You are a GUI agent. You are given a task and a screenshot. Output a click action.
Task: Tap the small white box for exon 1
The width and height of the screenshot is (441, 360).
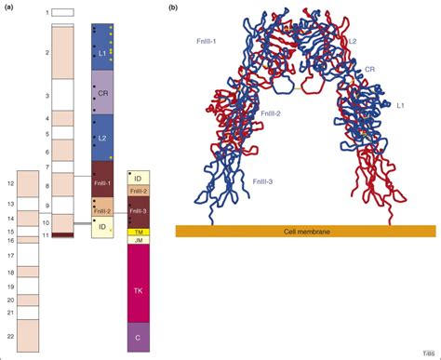[63, 12]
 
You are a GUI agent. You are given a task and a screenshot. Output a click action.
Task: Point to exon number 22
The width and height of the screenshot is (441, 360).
[10, 333]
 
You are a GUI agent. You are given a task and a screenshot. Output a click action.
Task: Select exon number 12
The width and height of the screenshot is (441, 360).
[10, 184]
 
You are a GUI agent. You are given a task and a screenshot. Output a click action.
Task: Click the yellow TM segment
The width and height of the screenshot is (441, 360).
[138, 232]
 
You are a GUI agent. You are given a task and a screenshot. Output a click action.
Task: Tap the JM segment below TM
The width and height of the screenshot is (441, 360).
[138, 241]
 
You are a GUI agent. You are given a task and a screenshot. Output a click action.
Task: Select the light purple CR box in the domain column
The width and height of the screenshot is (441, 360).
[102, 93]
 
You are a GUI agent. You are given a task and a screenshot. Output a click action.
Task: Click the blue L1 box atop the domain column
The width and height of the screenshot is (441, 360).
[102, 51]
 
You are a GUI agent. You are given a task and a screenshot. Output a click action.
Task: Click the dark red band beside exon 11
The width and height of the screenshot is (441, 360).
[63, 234]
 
